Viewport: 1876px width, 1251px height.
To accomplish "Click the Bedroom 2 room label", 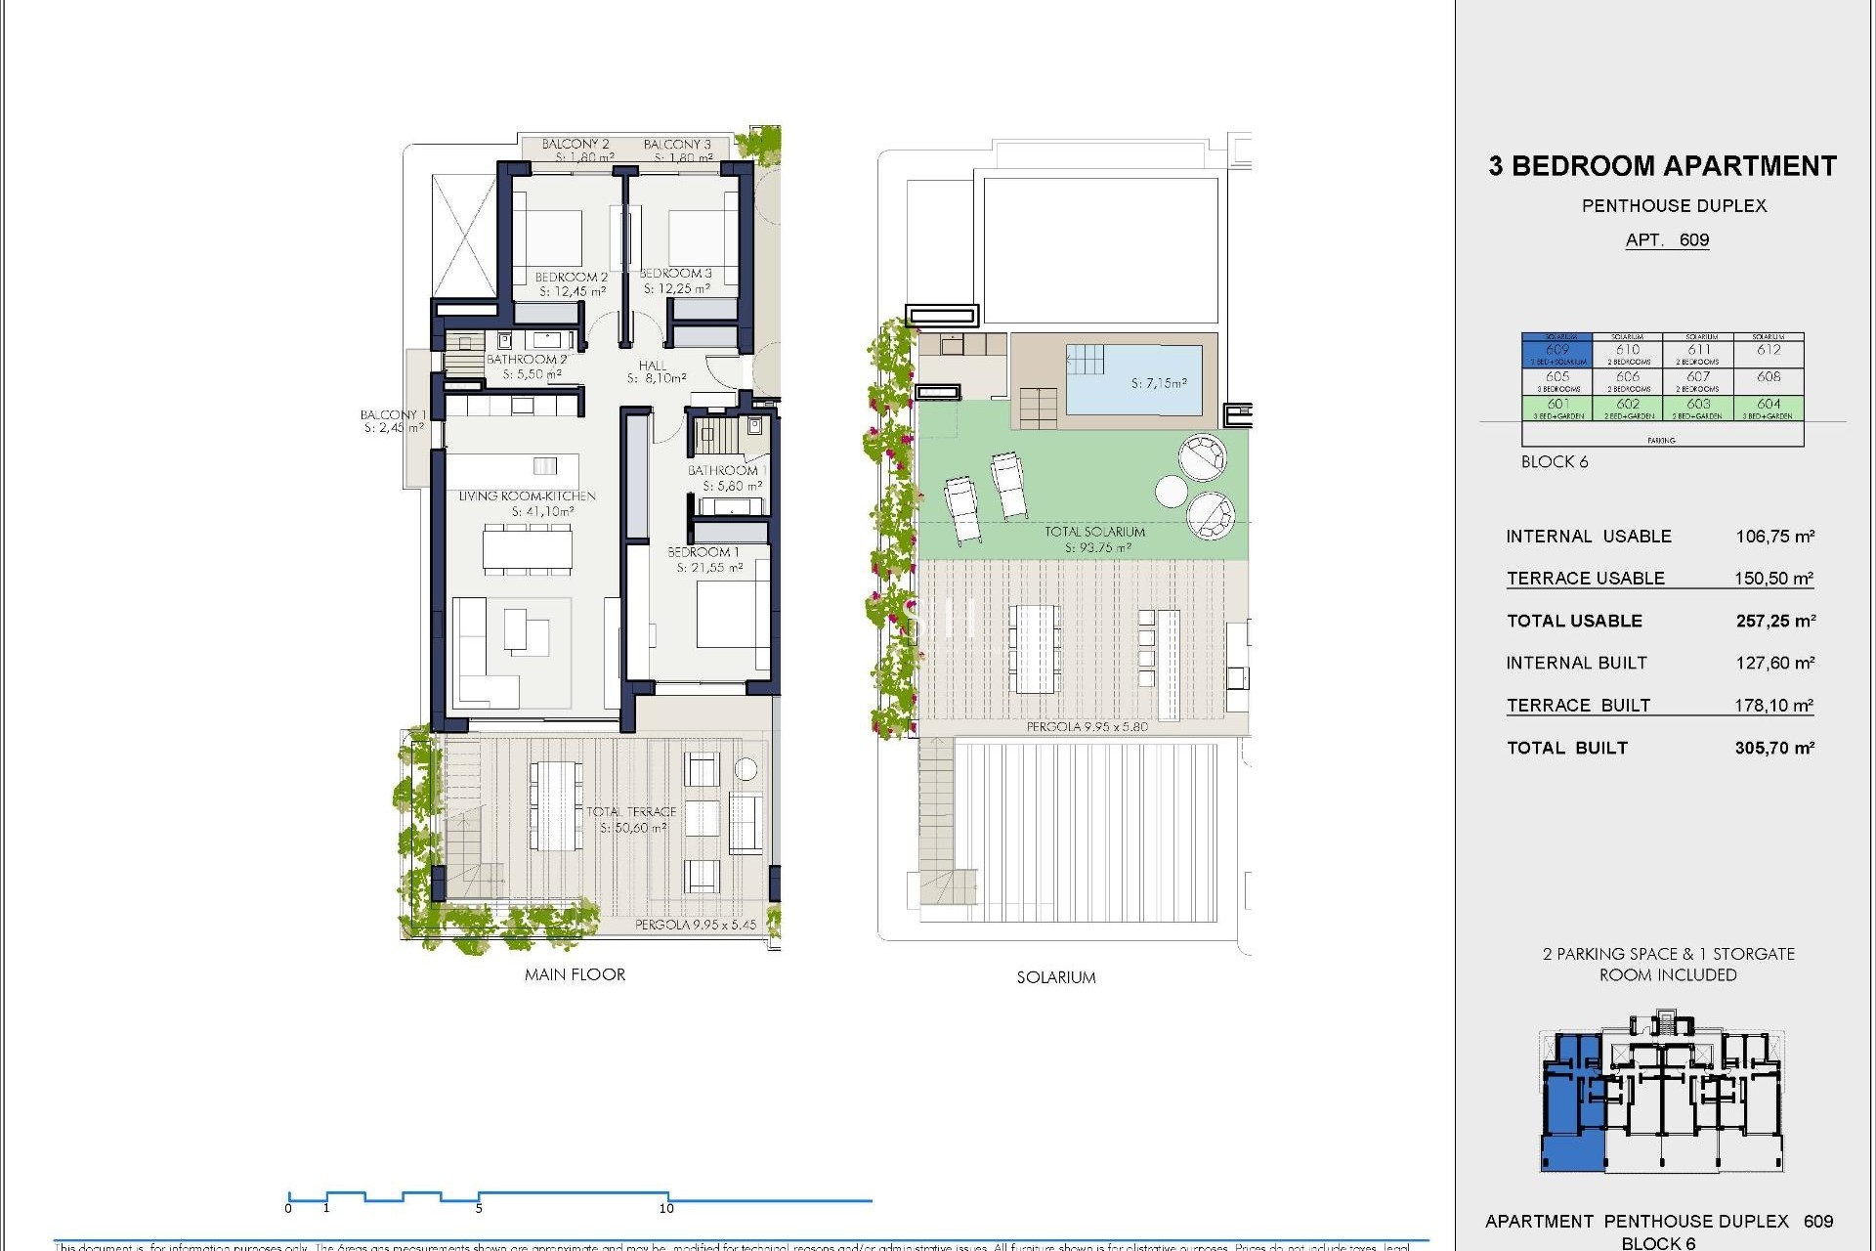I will (572, 278).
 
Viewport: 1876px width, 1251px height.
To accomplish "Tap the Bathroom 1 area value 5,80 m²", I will (732, 486).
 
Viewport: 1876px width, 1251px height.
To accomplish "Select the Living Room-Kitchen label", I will (527, 496).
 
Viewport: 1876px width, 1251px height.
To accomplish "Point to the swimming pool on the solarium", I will (1133, 379).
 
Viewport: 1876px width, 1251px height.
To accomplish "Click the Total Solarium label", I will (1094, 532).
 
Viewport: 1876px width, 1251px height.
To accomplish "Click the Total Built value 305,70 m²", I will (1774, 749).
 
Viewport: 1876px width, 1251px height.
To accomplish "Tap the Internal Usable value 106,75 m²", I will (1774, 537).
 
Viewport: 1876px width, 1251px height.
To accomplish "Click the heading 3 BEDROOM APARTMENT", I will (1662, 166).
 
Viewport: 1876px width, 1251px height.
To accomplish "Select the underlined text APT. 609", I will (1667, 240).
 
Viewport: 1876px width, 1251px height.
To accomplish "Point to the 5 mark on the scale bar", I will (479, 1208).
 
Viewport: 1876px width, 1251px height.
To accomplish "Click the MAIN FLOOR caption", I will (575, 974).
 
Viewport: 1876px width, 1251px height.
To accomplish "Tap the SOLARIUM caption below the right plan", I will (1055, 977).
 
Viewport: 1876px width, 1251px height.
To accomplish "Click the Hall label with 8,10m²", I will (654, 367).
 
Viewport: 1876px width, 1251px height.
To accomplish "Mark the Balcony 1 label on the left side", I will (392, 415).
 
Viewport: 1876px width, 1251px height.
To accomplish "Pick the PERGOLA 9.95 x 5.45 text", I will (695, 925).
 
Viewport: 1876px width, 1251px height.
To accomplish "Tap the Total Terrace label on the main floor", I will (631, 812).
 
